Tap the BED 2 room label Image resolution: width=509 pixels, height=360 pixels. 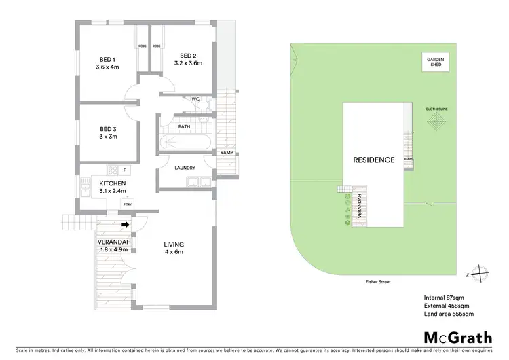coord(188,56)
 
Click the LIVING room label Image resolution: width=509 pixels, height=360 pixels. coord(174,245)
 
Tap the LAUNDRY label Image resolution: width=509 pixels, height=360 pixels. coord(185,168)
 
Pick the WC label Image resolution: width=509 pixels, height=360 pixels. coord(195,99)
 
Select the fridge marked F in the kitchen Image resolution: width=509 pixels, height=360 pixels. coord(124,170)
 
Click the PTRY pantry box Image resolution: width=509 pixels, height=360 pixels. coord(127,203)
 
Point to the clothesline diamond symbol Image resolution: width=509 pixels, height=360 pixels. coord(434,123)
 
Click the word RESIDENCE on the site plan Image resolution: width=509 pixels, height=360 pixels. coord(373,160)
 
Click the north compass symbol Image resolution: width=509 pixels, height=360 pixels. coord(480,274)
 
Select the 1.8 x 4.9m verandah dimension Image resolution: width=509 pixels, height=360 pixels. coord(113,249)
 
